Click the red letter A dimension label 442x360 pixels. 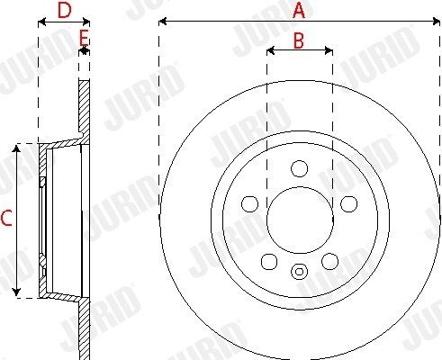(x=299, y=11)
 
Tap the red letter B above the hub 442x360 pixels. (x=299, y=40)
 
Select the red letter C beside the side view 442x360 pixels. (x=6, y=218)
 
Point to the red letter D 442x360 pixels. (x=65, y=11)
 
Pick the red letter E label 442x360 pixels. (x=84, y=38)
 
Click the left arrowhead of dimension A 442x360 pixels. (x=162, y=22)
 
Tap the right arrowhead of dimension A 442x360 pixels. (x=437, y=22)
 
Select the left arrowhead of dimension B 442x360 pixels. (x=271, y=50)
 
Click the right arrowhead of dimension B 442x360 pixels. (x=329, y=50)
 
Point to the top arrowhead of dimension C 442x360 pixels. (x=16, y=148)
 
